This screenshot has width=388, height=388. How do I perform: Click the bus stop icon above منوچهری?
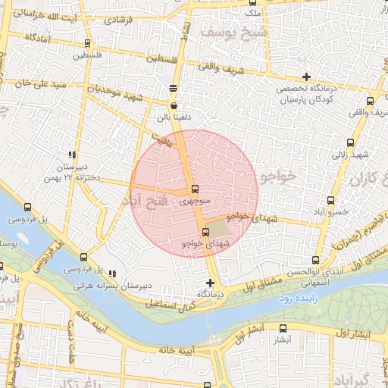pyautogui.click(x=196, y=189)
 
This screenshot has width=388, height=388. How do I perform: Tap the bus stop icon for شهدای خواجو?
pyautogui.click(x=205, y=231)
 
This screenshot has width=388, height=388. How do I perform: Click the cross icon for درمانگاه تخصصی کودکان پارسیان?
pyautogui.click(x=306, y=77)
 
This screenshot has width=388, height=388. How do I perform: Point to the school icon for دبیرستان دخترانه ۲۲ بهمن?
pyautogui.click(x=72, y=153)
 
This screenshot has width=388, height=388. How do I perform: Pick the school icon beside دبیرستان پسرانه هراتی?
pyautogui.click(x=112, y=274)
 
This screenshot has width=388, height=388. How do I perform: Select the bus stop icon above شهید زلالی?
pyautogui.click(x=350, y=142)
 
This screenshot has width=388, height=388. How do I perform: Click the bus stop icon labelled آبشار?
pyautogui.click(x=283, y=328)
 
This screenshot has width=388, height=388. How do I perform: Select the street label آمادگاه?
pyautogui.click(x=38, y=37)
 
